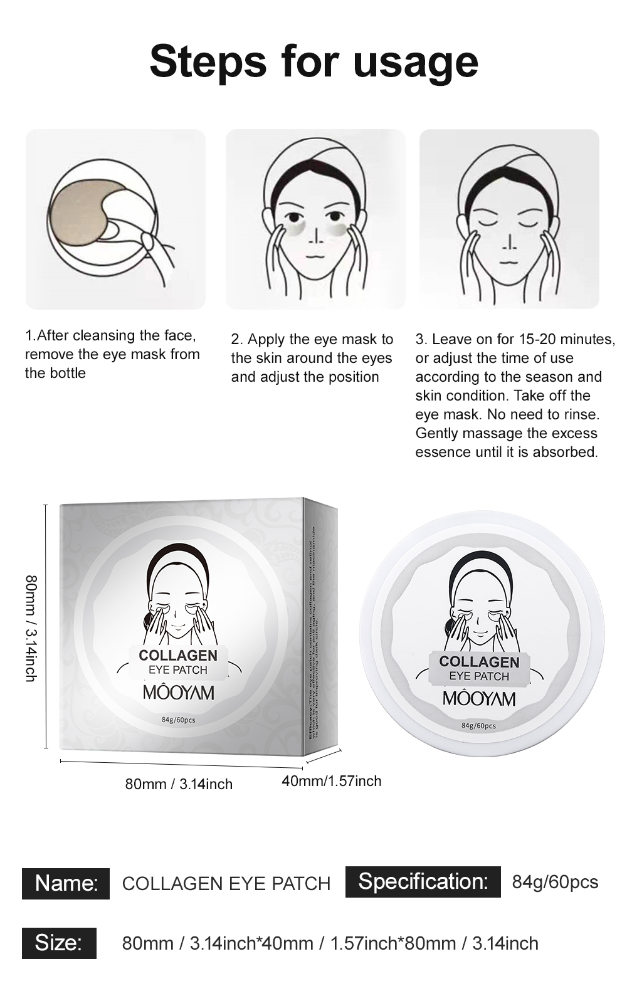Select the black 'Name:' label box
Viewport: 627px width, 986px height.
click(x=66, y=883)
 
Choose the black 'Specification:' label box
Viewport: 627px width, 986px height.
click(x=423, y=881)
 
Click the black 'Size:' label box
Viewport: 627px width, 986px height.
click(x=59, y=943)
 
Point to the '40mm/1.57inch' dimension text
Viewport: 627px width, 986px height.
click(x=331, y=781)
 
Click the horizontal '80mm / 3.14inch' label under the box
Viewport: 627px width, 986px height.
click(x=179, y=784)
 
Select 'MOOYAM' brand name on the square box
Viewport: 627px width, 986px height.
click(x=178, y=693)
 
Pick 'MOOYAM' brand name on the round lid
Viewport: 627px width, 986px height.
click(x=479, y=699)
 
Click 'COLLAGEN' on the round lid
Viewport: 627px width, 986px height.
click(x=479, y=662)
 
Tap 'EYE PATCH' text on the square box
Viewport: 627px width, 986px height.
click(x=178, y=670)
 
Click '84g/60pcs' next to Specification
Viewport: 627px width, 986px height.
click(x=555, y=882)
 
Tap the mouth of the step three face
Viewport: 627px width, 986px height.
click(x=509, y=264)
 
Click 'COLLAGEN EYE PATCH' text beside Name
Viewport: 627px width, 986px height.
click(x=226, y=884)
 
